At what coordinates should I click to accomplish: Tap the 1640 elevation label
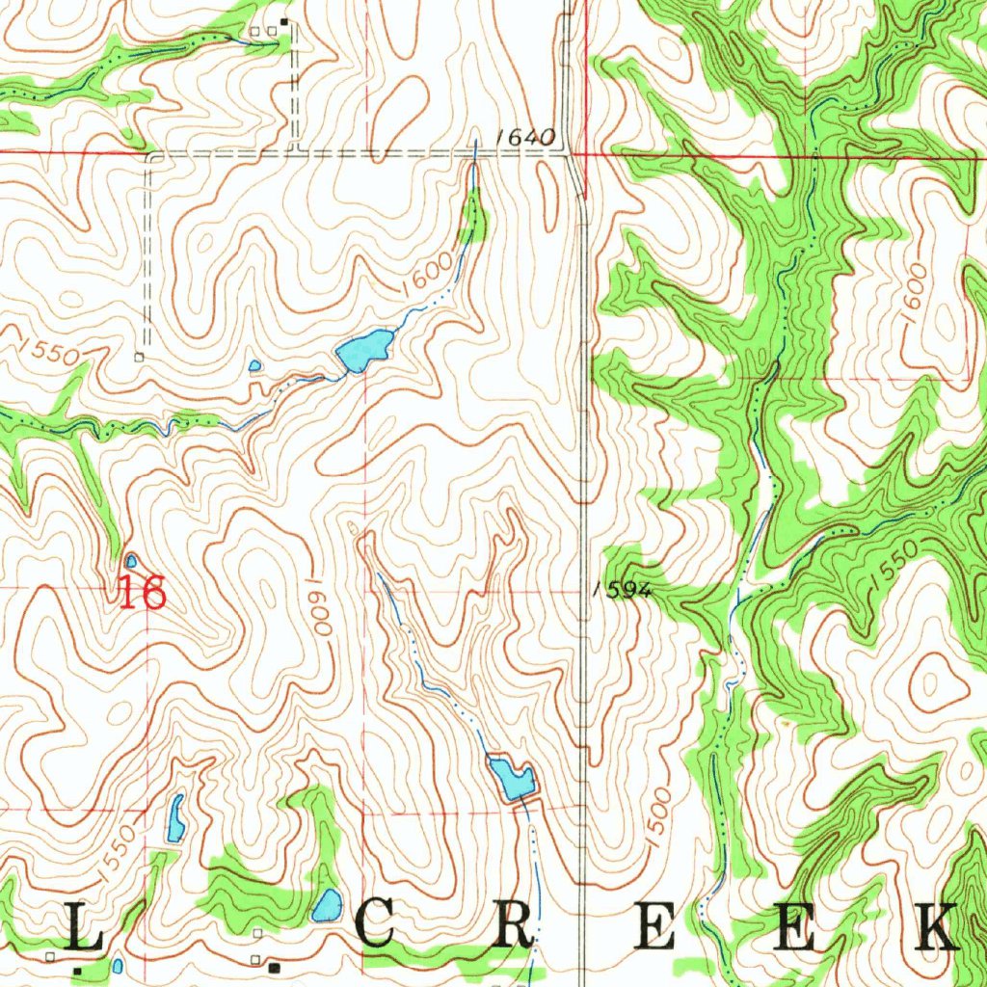tap(525, 138)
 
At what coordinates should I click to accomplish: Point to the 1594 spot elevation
tap(623, 591)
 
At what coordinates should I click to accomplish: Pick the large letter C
tap(375, 927)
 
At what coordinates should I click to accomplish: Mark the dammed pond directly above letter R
tap(511, 778)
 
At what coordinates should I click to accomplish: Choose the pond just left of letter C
tap(328, 905)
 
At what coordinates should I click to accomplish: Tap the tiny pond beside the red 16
tap(131, 560)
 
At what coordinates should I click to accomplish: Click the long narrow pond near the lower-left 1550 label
tap(176, 818)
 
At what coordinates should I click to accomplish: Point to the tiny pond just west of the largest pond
tap(254, 365)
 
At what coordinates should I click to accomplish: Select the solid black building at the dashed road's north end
tap(284, 21)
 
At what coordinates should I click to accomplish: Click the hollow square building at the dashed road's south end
tap(139, 357)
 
